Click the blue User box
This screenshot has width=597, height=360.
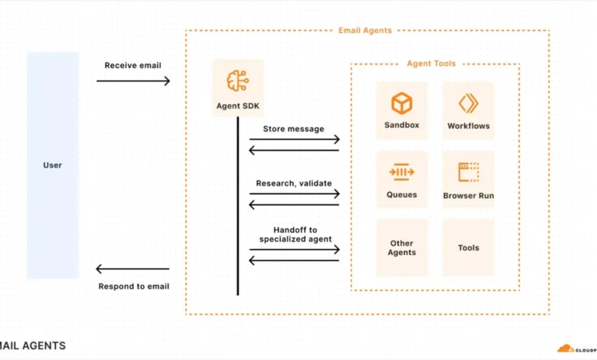[52, 165]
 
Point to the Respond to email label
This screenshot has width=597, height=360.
[133, 286]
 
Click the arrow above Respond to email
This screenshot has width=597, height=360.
[132, 269]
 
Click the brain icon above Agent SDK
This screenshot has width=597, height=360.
[237, 80]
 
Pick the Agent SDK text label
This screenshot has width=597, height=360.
[237, 105]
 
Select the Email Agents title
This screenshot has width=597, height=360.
[365, 31]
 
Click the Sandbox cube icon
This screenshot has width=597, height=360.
[402, 103]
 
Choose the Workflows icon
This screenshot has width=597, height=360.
[468, 103]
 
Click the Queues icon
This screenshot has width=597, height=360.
[402, 172]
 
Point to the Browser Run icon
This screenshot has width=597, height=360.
[468, 172]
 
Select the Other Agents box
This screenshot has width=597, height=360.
[402, 247]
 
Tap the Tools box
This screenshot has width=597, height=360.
[468, 247]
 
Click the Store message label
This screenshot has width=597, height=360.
[294, 129]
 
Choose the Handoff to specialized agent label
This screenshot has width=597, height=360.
[294, 234]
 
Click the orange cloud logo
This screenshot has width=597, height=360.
[566, 349]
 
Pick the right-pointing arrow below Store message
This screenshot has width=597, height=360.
[294, 139]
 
